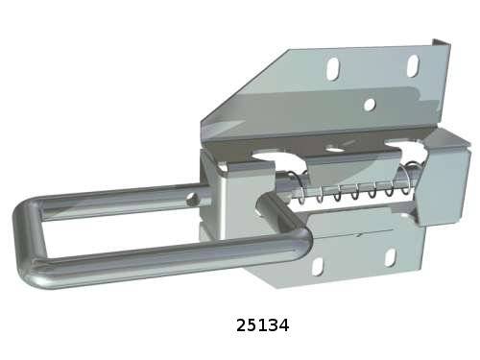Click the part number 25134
pos(262,325)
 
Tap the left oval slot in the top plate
pos(333,68)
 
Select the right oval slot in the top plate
pos(413,66)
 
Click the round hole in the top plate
pos(370,105)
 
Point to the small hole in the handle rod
pos(193,200)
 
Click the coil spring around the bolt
pos(353,189)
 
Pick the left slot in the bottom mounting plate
pos(317,267)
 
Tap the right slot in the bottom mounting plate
pos(391,258)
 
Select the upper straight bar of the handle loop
pos(123,200)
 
